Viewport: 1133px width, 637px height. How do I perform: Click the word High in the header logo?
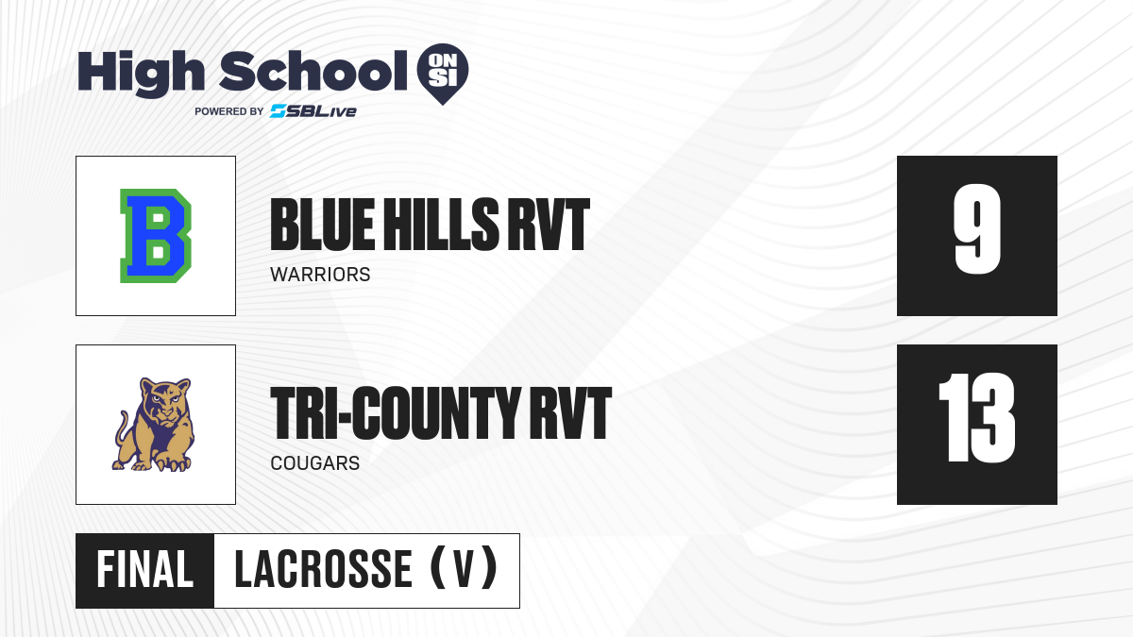tap(141, 74)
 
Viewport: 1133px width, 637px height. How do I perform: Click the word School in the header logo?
tap(313, 71)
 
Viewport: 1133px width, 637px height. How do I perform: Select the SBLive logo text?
tap(313, 111)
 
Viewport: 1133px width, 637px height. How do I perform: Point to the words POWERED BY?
tap(229, 111)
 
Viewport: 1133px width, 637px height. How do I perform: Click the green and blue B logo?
tap(156, 236)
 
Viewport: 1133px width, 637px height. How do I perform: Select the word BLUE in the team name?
tap(323, 225)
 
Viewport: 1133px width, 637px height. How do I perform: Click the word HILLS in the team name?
tap(441, 225)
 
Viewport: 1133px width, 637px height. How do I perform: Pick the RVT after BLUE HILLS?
tap(549, 225)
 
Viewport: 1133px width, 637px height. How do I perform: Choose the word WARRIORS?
tap(320, 275)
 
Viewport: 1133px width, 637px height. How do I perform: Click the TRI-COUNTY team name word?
tap(395, 413)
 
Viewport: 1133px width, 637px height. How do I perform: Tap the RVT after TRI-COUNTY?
tap(570, 413)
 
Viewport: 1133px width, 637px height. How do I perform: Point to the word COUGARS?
tap(315, 463)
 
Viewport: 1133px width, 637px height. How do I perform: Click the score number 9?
tap(977, 228)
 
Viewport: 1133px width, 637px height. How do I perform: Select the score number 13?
tap(976, 417)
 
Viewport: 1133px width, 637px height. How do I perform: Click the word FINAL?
tap(145, 570)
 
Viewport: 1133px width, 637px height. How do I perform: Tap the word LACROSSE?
tap(323, 570)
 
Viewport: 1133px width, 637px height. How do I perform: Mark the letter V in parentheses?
tap(464, 570)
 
